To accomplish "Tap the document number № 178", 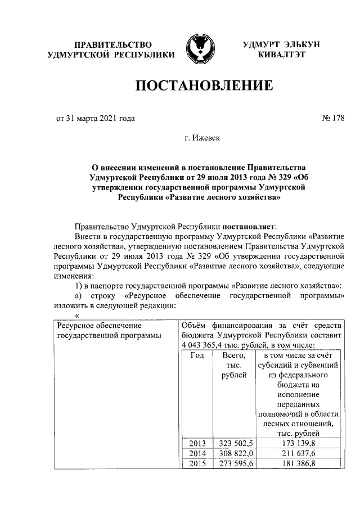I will point(332,118).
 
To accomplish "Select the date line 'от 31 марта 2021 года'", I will point(95,118).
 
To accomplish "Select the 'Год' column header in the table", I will point(196,355).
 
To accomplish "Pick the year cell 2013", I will point(197,443).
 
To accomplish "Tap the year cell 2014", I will point(197,453).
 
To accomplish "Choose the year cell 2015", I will point(197,463).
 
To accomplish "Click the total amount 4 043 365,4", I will point(206,345).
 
